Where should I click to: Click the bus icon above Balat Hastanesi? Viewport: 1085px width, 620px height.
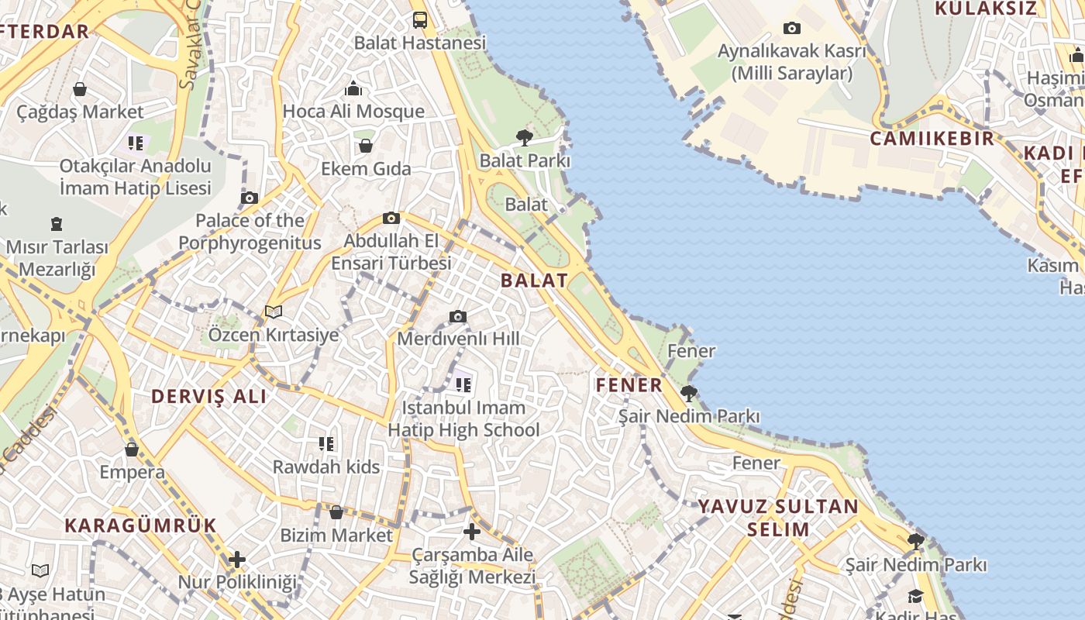(x=419, y=20)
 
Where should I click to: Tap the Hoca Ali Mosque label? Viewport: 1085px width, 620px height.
(x=353, y=112)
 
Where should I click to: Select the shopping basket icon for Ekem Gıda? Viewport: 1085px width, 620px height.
(x=366, y=146)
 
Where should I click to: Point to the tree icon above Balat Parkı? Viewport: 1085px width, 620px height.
(x=525, y=138)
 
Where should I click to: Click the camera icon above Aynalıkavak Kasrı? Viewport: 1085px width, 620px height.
(x=791, y=29)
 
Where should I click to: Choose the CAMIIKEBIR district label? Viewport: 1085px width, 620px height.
(x=932, y=139)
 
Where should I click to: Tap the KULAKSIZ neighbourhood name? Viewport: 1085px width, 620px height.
(x=985, y=9)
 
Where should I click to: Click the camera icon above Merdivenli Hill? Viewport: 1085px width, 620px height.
(x=458, y=316)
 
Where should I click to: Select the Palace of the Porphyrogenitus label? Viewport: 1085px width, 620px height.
(x=250, y=232)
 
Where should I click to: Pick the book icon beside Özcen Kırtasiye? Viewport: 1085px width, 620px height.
(x=273, y=312)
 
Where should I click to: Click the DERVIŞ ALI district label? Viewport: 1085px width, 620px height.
(x=208, y=397)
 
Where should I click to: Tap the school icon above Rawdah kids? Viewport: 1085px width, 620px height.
(x=326, y=444)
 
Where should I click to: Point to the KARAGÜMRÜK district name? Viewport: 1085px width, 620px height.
(x=140, y=525)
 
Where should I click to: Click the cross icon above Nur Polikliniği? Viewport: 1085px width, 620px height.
(x=237, y=560)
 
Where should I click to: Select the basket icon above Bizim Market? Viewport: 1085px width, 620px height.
(x=336, y=512)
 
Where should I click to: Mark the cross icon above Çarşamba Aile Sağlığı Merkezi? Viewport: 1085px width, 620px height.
(x=471, y=532)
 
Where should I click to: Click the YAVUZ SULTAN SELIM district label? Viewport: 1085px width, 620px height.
(x=778, y=518)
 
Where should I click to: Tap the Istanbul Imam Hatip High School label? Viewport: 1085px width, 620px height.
(x=463, y=418)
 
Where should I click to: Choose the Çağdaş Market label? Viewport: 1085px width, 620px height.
(x=80, y=112)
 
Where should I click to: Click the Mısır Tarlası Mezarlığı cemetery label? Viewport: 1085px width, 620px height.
(x=57, y=258)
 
